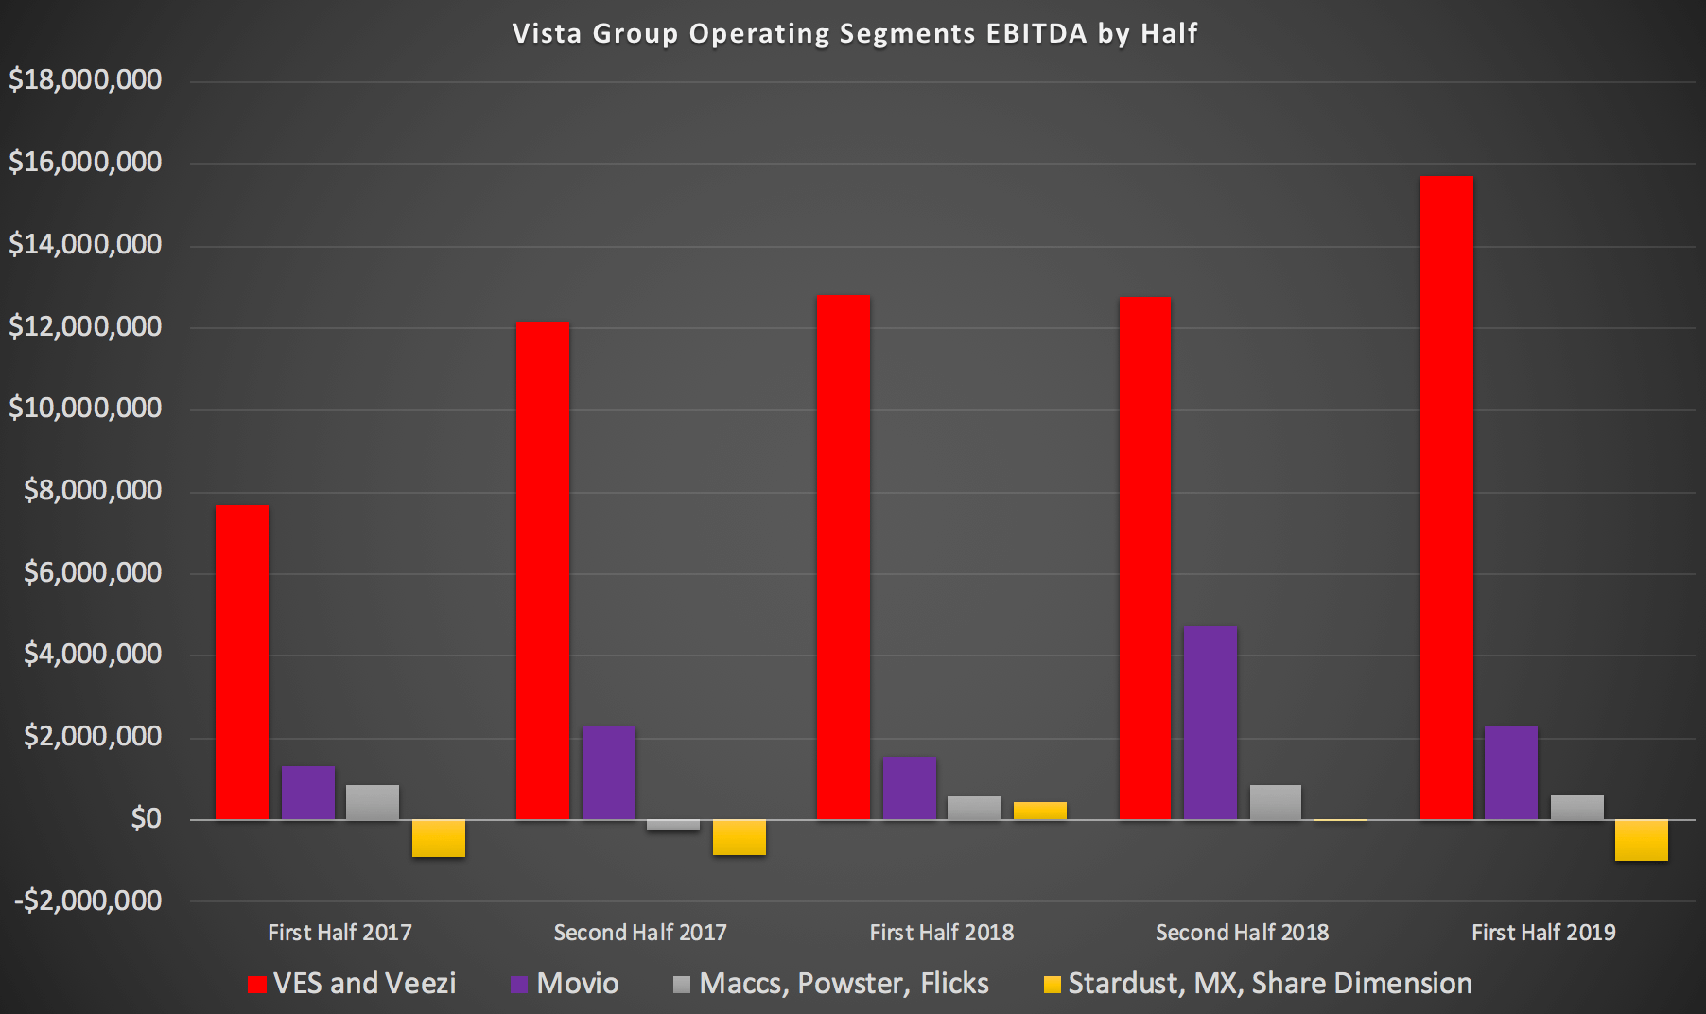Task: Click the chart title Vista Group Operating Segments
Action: pyautogui.click(x=854, y=34)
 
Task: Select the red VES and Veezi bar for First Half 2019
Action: pyautogui.click(x=1446, y=497)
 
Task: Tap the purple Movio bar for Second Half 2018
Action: pyautogui.click(x=1210, y=723)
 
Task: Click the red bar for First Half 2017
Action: pyautogui.click(x=242, y=662)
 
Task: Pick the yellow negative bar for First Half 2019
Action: pyautogui.click(x=1642, y=840)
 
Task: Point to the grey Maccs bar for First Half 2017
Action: pyautogui.click(x=373, y=802)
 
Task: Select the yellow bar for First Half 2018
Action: pyautogui.click(x=1039, y=811)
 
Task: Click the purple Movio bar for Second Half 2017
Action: pyautogui.click(x=609, y=772)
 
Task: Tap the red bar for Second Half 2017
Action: pyautogui.click(x=543, y=570)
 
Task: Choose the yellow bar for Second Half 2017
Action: pyautogui.click(x=740, y=837)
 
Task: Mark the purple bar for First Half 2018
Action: pyautogui.click(x=910, y=788)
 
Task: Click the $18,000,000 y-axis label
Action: pyautogui.click(x=85, y=80)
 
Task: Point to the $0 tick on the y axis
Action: pyautogui.click(x=146, y=819)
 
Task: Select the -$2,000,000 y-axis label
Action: pyautogui.click(x=88, y=900)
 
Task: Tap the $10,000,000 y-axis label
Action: pyautogui.click(x=85, y=409)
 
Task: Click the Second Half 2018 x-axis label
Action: pyautogui.click(x=1242, y=933)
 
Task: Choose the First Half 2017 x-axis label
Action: pyautogui.click(x=339, y=933)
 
